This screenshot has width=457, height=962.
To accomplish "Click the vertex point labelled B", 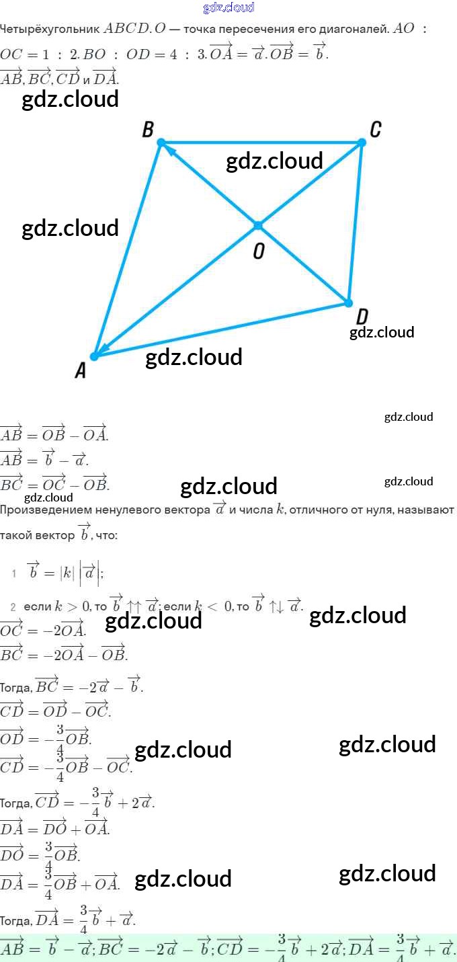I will coord(161,143).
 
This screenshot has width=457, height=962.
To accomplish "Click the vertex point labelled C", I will coord(362,143).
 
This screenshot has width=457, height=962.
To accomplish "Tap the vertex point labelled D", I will coord(348,303).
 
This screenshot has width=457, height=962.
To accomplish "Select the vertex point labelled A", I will coord(95,356).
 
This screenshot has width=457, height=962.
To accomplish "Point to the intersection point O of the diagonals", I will coord(258,225).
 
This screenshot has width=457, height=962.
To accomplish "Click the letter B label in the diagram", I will coord(149,129).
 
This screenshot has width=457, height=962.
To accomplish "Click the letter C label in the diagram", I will coord(376,129).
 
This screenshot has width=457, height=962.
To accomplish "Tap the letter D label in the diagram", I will coord(362,317).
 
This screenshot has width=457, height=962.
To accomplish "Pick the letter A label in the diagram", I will coord(81,370).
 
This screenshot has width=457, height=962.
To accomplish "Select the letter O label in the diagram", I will coord(259,251).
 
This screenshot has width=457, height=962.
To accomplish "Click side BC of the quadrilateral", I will coord(262,143).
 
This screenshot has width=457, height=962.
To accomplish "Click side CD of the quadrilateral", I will coord(355,222).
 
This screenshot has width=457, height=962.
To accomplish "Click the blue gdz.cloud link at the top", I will coord(229,8).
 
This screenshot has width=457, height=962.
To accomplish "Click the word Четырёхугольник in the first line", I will coord(49,30).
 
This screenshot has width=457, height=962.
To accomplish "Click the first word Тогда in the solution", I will coord(15,688).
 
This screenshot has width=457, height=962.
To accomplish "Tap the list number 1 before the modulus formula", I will coord(13,573).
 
